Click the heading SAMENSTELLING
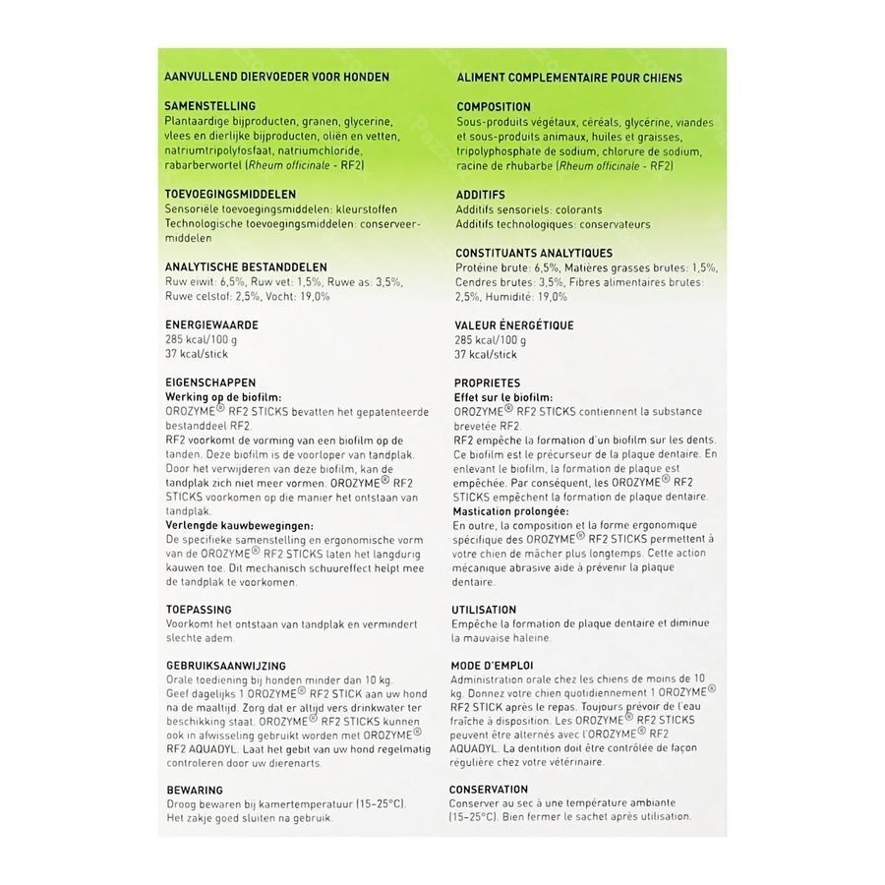(211, 106)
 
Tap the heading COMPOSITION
(494, 107)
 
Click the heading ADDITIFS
(481, 196)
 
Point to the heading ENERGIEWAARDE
(211, 324)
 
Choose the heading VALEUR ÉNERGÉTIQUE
(514, 324)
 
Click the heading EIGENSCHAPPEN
(211, 383)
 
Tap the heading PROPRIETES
(488, 383)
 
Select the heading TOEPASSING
(200, 610)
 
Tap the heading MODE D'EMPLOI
(493, 666)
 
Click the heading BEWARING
(195, 790)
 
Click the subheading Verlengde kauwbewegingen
(232, 525)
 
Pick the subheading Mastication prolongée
(511, 511)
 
